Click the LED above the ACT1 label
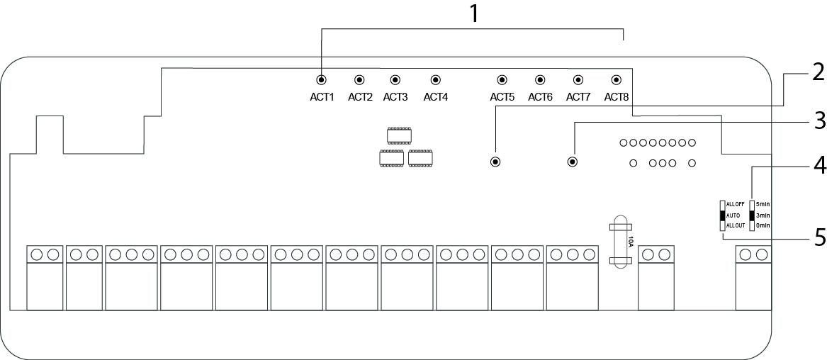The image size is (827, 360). (x=322, y=80)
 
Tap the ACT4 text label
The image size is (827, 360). (x=436, y=97)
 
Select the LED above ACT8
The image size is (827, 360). (x=616, y=80)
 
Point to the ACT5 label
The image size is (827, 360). (x=502, y=97)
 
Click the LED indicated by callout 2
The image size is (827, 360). (x=495, y=162)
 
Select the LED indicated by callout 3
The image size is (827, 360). (x=573, y=162)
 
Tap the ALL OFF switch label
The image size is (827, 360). (x=735, y=204)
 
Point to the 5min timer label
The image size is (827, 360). (x=763, y=204)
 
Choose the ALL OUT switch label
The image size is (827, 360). (x=735, y=225)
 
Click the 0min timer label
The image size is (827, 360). (x=763, y=225)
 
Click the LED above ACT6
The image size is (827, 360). (x=539, y=80)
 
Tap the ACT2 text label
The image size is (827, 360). (x=360, y=97)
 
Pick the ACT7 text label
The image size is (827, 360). (x=578, y=97)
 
